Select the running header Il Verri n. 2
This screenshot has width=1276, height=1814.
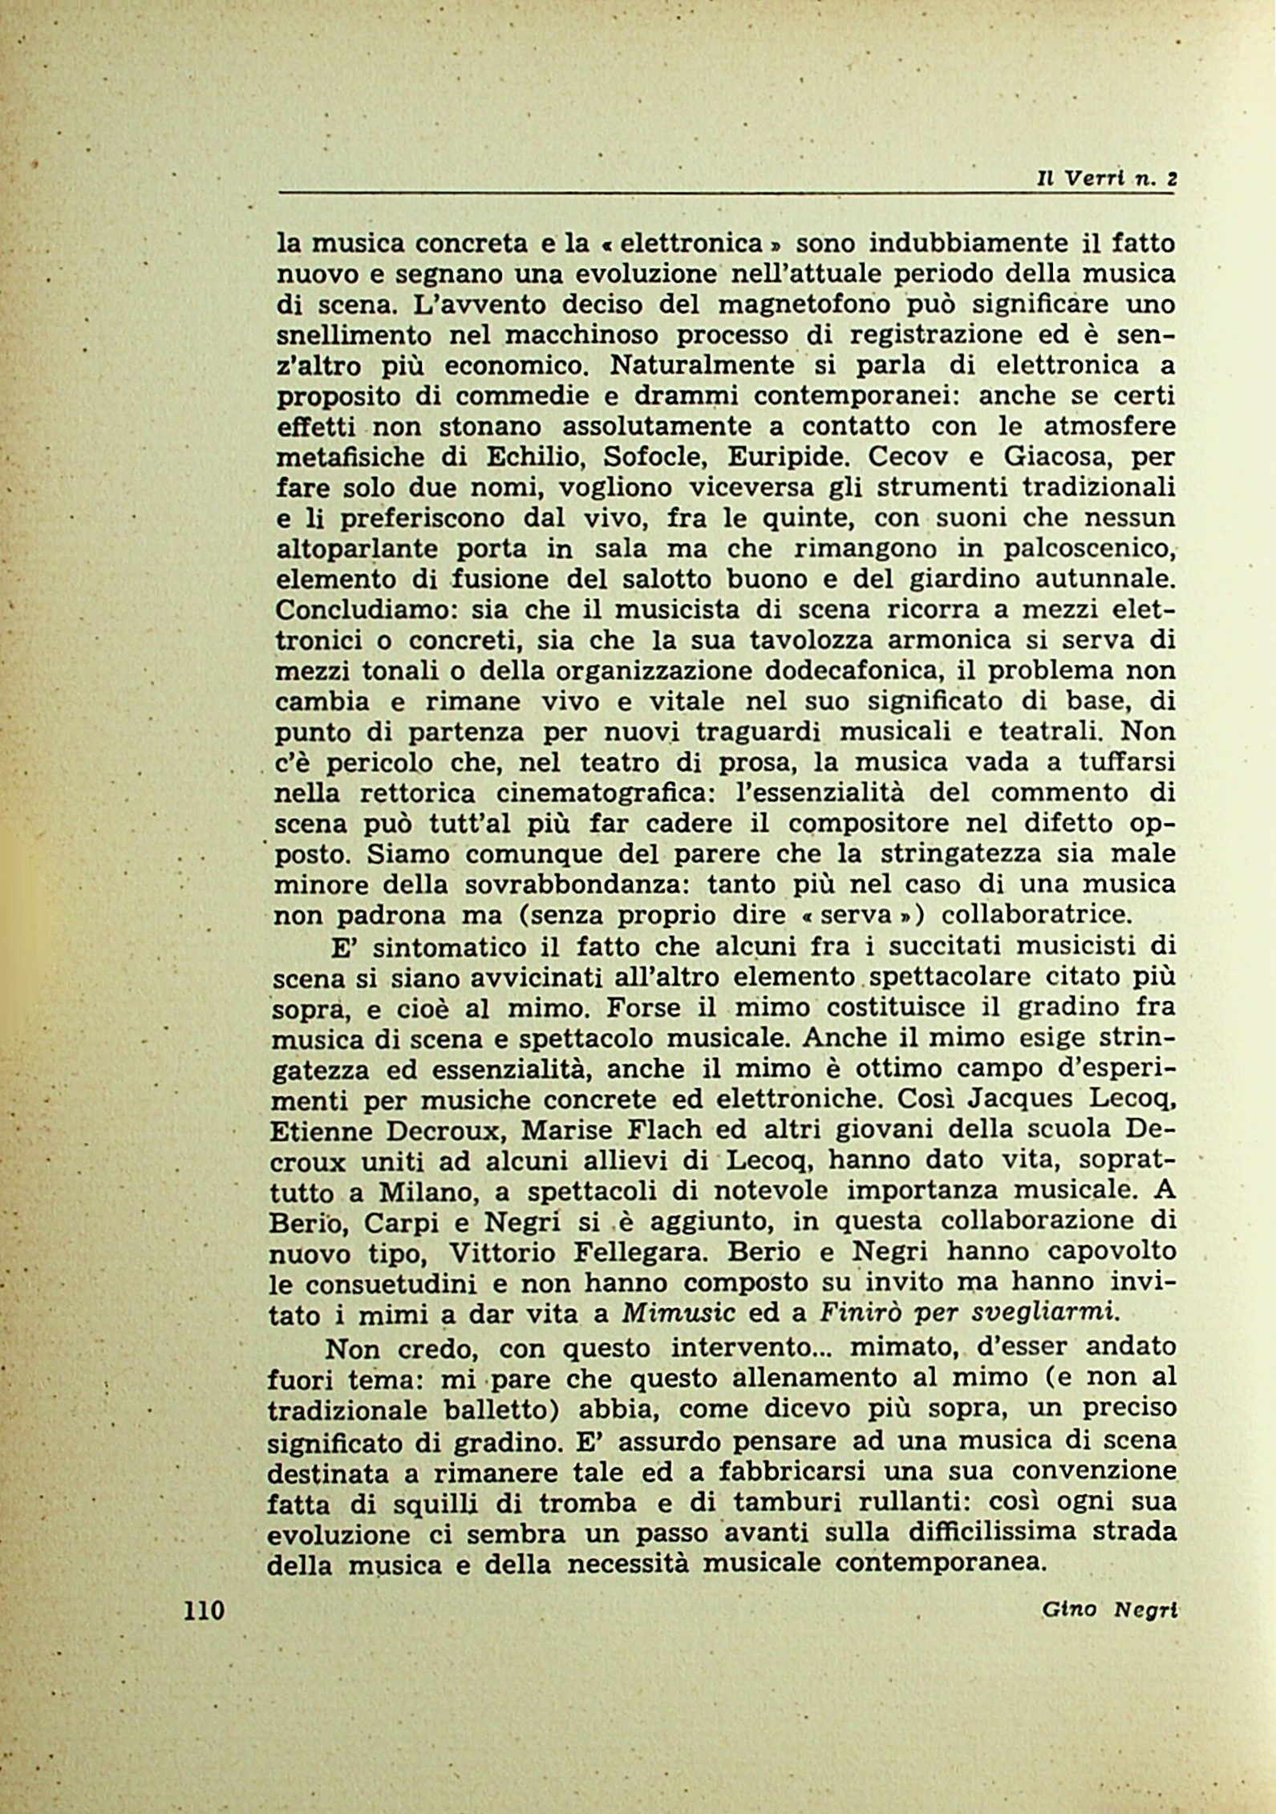[x=1105, y=180]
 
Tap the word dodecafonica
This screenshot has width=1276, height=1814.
[x=838, y=670]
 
